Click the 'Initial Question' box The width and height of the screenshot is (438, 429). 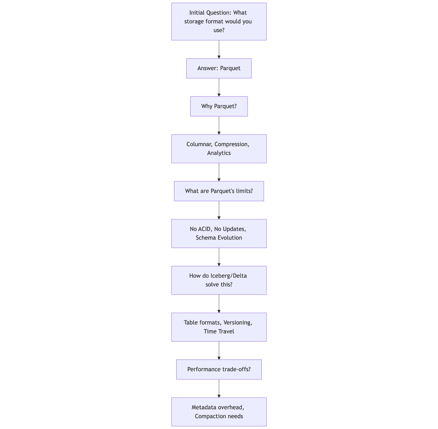coord(219,22)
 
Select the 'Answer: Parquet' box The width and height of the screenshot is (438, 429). coord(219,68)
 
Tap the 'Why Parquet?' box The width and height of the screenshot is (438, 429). coord(219,106)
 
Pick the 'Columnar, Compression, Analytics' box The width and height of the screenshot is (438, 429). coord(219,149)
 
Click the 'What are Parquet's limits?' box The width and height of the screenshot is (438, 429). coord(219,191)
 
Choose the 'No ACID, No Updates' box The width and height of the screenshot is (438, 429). coord(219,234)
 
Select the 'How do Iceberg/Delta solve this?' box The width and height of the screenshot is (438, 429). coord(219,280)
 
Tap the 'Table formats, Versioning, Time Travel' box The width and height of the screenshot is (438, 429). coord(219,327)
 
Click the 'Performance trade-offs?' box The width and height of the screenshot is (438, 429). coord(219,370)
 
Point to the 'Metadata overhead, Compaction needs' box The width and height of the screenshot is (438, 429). coord(219,412)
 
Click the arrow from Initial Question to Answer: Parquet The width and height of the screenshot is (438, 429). coord(219,49)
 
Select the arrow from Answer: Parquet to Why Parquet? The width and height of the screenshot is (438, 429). coord(219,87)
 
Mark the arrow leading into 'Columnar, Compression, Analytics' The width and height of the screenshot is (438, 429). coord(219,125)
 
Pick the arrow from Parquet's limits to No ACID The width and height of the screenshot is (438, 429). coord(219,210)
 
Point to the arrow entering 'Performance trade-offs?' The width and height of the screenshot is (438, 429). coord(219,350)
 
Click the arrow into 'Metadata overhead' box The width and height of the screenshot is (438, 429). coord(219,388)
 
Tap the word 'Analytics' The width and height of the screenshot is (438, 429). coord(219,153)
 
